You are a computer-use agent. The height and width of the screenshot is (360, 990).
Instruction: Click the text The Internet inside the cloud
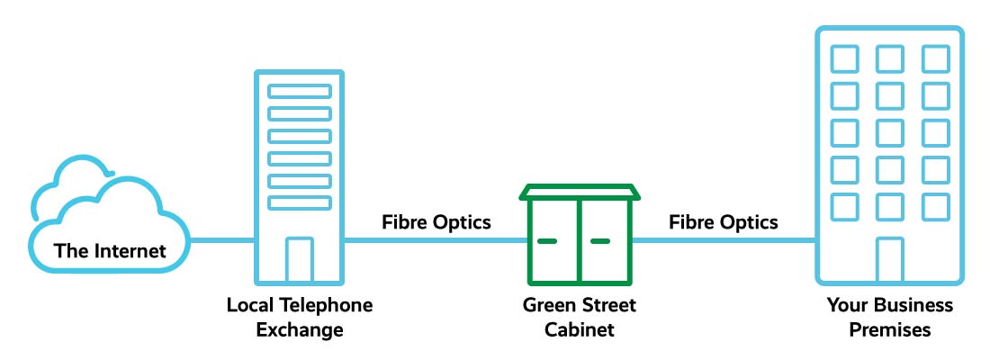pos(111,250)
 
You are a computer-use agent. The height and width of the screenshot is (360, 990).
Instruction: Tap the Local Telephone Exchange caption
pos(299,317)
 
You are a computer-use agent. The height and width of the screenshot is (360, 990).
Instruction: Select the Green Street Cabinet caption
pos(580,317)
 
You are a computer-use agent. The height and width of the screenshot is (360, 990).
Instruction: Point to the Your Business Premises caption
pos(890,317)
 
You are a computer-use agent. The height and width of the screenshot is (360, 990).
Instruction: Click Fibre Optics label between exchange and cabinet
pos(436,221)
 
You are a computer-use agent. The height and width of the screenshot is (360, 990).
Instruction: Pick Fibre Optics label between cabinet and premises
pos(724,221)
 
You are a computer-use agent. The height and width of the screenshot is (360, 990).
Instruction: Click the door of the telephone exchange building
pos(299,260)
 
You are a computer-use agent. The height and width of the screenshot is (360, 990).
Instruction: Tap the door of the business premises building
pos(890,260)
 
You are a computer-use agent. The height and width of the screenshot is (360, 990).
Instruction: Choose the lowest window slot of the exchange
pos(300,202)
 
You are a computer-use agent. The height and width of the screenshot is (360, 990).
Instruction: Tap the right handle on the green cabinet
pos(600,241)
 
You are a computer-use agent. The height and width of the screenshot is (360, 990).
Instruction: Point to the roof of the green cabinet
pos(580,192)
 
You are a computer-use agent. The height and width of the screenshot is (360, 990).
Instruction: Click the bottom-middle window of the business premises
pos(890,205)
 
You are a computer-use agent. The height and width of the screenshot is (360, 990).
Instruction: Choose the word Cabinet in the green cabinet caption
pos(580,329)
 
